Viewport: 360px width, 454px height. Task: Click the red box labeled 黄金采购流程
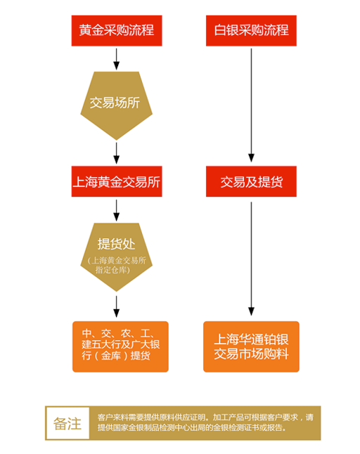[x=117, y=31]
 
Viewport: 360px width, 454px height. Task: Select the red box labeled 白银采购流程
[x=251, y=31]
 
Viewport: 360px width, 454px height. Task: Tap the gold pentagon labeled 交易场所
[x=117, y=105]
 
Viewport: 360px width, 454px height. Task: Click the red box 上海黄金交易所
[x=117, y=181]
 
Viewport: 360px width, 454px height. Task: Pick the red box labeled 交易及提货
[x=251, y=181]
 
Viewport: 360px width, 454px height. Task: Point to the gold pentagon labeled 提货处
[x=117, y=257]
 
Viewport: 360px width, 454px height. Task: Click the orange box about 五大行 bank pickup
[x=120, y=346]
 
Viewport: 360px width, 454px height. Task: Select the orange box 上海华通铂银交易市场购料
[x=251, y=346]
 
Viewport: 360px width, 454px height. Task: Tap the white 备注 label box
[x=67, y=423]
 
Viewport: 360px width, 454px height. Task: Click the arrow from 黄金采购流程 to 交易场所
[x=117, y=59]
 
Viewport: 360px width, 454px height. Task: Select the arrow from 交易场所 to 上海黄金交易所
[x=117, y=153]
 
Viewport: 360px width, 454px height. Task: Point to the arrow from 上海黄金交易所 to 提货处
[x=117, y=211]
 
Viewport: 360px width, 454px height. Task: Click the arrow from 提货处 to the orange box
[x=117, y=306]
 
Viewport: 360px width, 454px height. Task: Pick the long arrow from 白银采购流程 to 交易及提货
[x=251, y=105]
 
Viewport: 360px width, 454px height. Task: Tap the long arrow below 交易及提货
[x=251, y=259]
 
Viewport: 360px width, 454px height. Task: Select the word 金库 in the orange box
[x=111, y=356]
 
